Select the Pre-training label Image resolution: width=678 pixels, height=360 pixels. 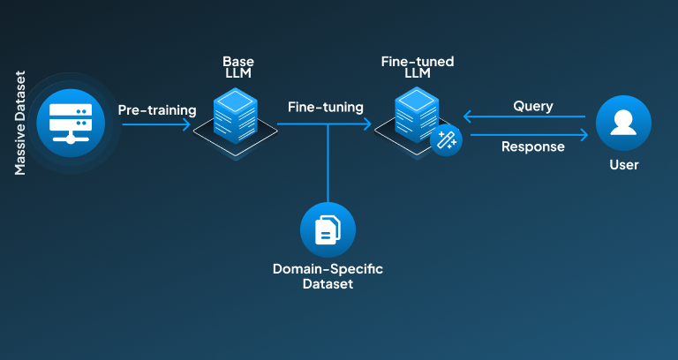pyautogui.click(x=157, y=109)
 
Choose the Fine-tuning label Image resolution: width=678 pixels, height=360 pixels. pyautogui.click(x=325, y=108)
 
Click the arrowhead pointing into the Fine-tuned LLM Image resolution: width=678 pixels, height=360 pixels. pyautogui.click(x=367, y=125)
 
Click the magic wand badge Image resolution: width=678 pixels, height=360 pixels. pyautogui.click(x=446, y=139)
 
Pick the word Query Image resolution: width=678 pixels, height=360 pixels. pyautogui.click(x=533, y=106)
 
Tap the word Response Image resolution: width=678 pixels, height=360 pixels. pyautogui.click(x=533, y=146)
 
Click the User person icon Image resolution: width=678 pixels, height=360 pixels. pyautogui.click(x=623, y=124)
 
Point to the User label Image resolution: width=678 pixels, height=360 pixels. pyautogui.click(x=623, y=165)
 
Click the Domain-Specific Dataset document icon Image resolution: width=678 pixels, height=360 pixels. pyautogui.click(x=328, y=231)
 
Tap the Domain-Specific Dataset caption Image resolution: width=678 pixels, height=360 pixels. pyautogui.click(x=328, y=276)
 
